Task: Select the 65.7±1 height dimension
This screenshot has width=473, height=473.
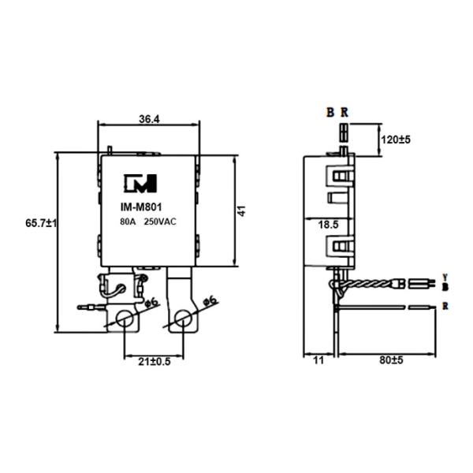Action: click(42, 224)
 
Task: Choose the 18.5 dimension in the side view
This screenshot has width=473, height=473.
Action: click(329, 225)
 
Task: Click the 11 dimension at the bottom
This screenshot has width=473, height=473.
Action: click(318, 360)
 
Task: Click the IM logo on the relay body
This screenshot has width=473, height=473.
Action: click(140, 184)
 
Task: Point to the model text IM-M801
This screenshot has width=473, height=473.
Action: click(140, 209)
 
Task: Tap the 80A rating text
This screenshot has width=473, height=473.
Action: click(128, 223)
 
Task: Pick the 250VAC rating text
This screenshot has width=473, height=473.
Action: click(160, 223)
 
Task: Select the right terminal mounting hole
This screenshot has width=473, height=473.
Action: click(184, 318)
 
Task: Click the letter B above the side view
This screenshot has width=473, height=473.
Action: click(331, 112)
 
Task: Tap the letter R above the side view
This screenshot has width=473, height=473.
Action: click(345, 112)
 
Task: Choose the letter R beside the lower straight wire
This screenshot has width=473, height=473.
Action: click(446, 305)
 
